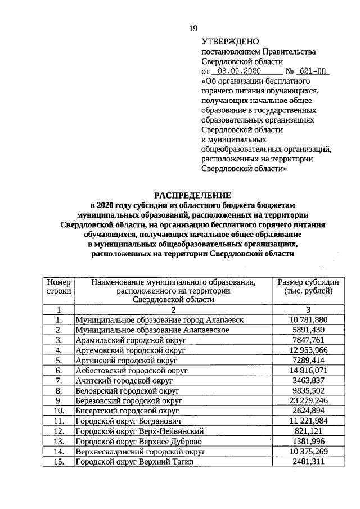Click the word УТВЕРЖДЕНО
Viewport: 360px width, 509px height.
pos(229,42)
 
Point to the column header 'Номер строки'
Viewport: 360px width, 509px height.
pos(58,286)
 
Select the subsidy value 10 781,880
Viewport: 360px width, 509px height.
pos(308,320)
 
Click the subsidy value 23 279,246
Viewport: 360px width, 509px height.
pos(308,401)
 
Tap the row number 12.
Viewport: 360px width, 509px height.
pos(58,431)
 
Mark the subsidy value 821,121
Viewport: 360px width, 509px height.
pos(308,431)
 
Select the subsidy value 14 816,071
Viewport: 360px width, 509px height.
pos(308,371)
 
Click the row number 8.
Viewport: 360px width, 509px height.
pos(58,391)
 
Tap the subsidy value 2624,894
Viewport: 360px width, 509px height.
pos(308,411)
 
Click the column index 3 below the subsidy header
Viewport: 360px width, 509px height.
pos(308,309)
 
